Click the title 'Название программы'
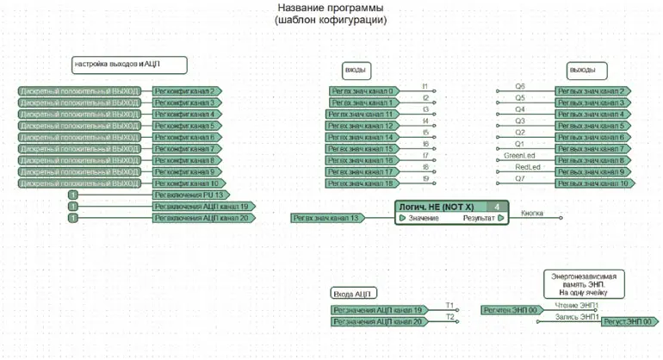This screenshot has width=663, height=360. pyautogui.click(x=331, y=9)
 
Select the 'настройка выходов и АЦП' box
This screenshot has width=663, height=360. pyautogui.click(x=129, y=65)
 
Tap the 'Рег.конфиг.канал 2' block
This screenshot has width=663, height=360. pyautogui.click(x=186, y=90)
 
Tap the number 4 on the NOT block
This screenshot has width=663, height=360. pyautogui.click(x=497, y=207)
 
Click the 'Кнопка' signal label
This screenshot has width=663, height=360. pyautogui.click(x=532, y=214)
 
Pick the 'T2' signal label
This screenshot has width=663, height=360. pyautogui.click(x=449, y=317)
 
